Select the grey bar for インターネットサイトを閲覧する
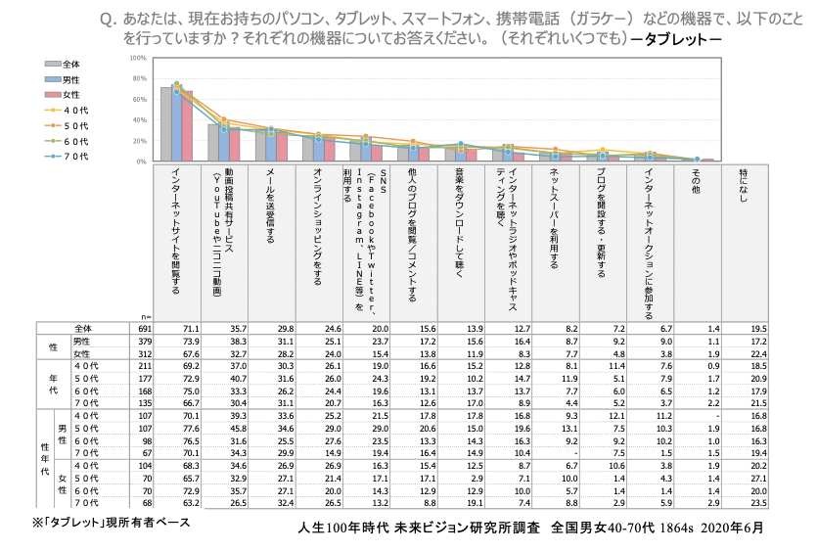(x=166, y=123)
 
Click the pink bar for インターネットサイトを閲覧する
(x=187, y=125)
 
